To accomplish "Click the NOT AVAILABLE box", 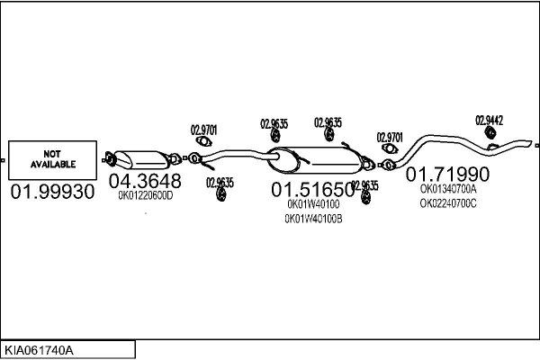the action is point(52,160).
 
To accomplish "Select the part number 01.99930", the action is point(52,192).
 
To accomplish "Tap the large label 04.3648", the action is point(145,181).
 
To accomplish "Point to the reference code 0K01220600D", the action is point(145,195).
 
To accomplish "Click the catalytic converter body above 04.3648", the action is point(141,160).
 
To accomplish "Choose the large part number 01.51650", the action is point(312,190).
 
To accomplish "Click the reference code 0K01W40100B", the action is point(313,219).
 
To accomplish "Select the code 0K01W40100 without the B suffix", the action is point(313,204).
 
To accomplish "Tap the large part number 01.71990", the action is point(447,174).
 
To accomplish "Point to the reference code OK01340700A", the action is point(448,189).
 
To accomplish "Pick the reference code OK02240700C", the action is point(448,203).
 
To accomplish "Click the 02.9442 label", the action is point(489,121).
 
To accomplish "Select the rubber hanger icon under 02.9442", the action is point(490,132).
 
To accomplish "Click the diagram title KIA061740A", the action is point(39,350).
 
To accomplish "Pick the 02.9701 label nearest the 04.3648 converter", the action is point(204,130).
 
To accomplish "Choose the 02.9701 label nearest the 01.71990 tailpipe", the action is point(390,138).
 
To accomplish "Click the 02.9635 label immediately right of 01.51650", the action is point(364,185).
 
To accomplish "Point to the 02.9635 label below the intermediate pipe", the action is point(220,183).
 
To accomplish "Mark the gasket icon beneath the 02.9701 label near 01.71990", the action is point(390,148).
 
